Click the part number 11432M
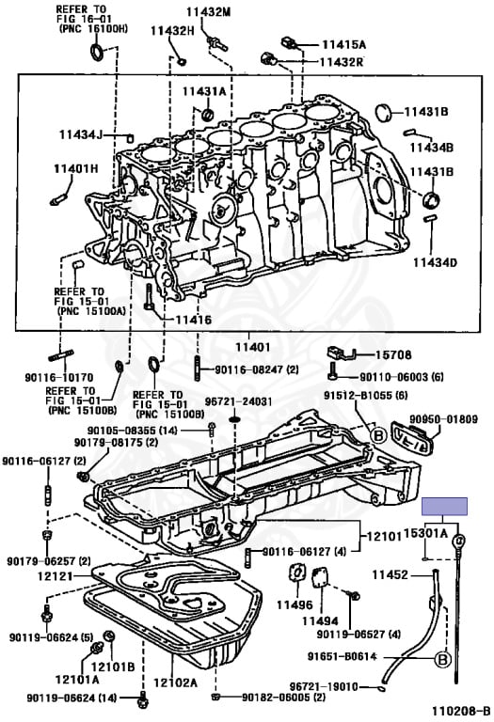(208, 12)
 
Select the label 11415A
(343, 45)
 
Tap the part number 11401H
(76, 168)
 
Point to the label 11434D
(435, 262)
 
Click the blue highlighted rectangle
(445, 506)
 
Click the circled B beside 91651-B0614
(442, 659)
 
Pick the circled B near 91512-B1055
(378, 434)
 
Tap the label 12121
(56, 575)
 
